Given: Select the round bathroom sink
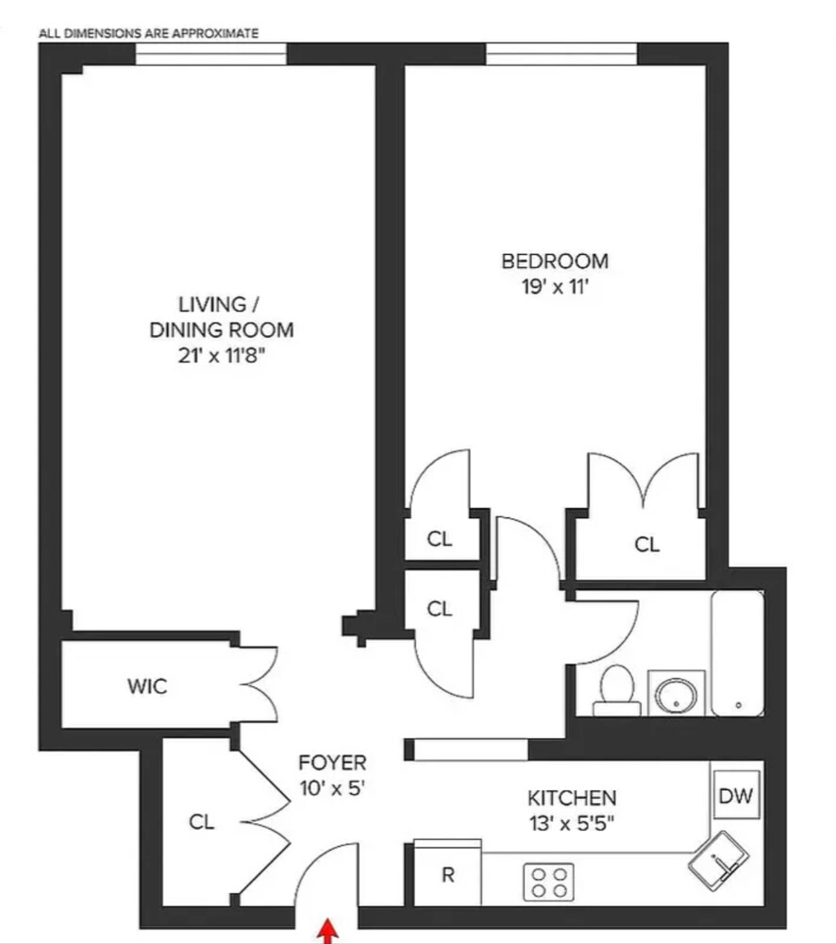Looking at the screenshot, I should tap(677, 694).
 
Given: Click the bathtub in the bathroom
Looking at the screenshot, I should tap(737, 652).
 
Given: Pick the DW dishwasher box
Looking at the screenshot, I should tap(736, 796).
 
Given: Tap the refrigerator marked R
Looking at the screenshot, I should tap(448, 874).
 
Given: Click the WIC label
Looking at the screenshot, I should tap(147, 686).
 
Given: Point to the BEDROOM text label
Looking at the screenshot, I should tap(554, 261).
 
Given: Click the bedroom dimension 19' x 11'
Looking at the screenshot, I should tap(554, 287).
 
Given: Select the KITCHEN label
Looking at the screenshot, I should tap(572, 798).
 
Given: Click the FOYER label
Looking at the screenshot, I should tap(331, 763).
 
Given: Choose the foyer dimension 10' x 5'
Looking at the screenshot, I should tap(331, 787).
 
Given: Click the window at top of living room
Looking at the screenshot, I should tap(210, 57).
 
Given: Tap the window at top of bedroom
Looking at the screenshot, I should tap(561, 55).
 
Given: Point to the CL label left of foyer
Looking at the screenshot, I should tap(201, 822).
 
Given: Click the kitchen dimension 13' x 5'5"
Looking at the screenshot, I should tap(571, 822).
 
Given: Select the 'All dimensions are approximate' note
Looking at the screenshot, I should tap(148, 33).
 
